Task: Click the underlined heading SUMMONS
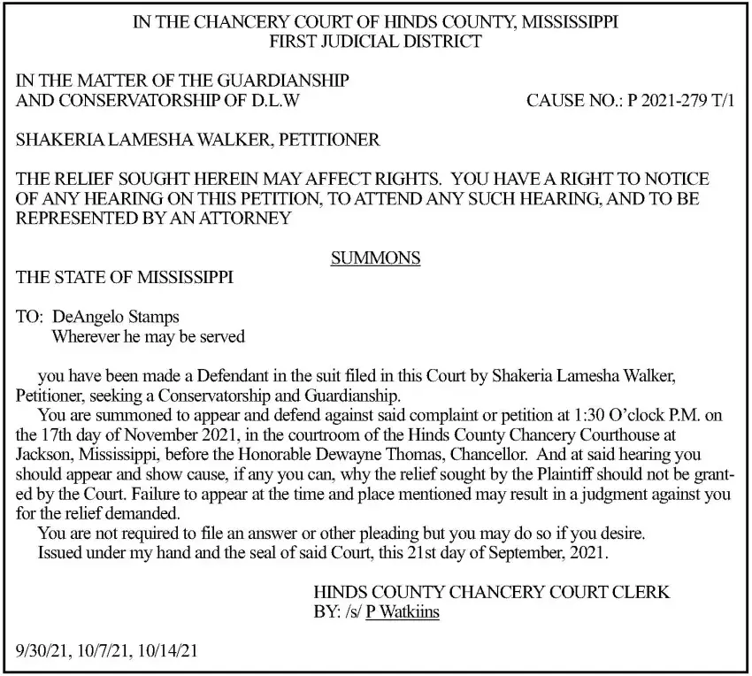(375, 258)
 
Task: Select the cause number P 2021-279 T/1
(681, 101)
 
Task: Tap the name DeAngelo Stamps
(116, 317)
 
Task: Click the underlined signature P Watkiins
(403, 611)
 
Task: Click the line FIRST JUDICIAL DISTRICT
(375, 41)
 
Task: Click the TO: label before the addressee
(31, 317)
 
